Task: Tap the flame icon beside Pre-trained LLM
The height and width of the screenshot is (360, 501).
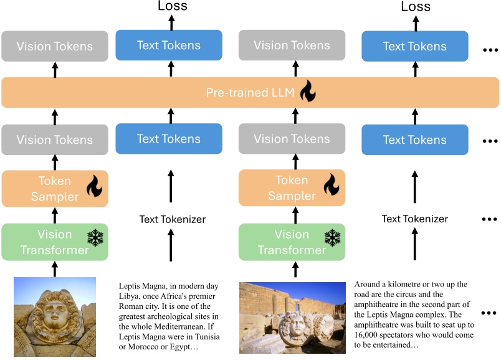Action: point(308,92)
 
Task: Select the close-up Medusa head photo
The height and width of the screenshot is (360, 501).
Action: point(55,316)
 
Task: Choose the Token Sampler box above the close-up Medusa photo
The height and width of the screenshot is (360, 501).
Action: point(55,188)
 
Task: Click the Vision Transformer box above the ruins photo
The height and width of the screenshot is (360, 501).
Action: point(292,242)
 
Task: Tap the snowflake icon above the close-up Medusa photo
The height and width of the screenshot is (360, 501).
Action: point(95,237)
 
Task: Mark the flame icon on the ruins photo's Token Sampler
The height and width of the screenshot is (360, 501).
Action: point(332,185)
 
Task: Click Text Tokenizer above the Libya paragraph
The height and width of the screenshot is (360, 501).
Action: point(172,219)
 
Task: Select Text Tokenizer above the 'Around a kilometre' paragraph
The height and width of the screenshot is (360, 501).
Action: point(414,219)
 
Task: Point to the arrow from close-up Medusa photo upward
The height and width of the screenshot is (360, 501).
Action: point(55,268)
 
